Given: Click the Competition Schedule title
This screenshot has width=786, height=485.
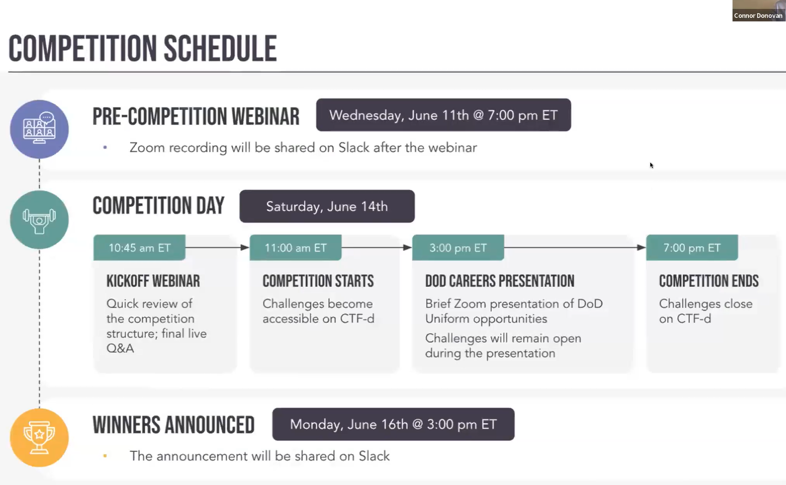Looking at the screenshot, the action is [142, 49].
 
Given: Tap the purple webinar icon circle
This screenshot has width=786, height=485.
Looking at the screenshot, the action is [39, 130].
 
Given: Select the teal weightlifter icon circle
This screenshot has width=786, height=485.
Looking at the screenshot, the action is [39, 220].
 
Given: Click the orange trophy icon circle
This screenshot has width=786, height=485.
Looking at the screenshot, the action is [39, 438].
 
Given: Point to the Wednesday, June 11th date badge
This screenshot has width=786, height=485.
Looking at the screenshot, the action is [444, 115].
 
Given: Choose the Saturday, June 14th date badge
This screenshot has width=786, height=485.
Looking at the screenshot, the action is [327, 206].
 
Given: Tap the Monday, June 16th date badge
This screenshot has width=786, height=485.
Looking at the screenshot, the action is [394, 424].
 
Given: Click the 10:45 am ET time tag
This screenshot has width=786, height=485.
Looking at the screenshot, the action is [139, 248].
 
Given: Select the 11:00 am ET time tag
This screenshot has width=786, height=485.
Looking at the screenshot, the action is [295, 248].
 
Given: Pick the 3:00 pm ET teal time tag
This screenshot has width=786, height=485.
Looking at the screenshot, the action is [458, 248].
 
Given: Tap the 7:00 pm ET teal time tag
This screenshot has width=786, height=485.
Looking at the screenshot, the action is [692, 248].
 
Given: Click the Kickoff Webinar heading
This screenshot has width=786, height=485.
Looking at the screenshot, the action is [153, 281].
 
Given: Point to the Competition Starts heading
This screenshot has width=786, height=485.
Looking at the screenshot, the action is [318, 281].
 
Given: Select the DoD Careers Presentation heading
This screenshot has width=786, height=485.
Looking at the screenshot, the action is [500, 281].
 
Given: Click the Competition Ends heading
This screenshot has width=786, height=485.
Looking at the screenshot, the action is [709, 281].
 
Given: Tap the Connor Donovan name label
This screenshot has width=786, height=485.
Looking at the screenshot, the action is [758, 16].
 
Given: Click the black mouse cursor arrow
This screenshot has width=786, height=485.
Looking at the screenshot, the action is [651, 165].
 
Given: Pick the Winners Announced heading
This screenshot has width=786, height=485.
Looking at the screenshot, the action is [173, 425].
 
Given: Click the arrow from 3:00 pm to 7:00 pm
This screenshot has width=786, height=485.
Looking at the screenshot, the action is [575, 248].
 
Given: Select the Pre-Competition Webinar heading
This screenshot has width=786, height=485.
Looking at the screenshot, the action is [196, 116].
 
